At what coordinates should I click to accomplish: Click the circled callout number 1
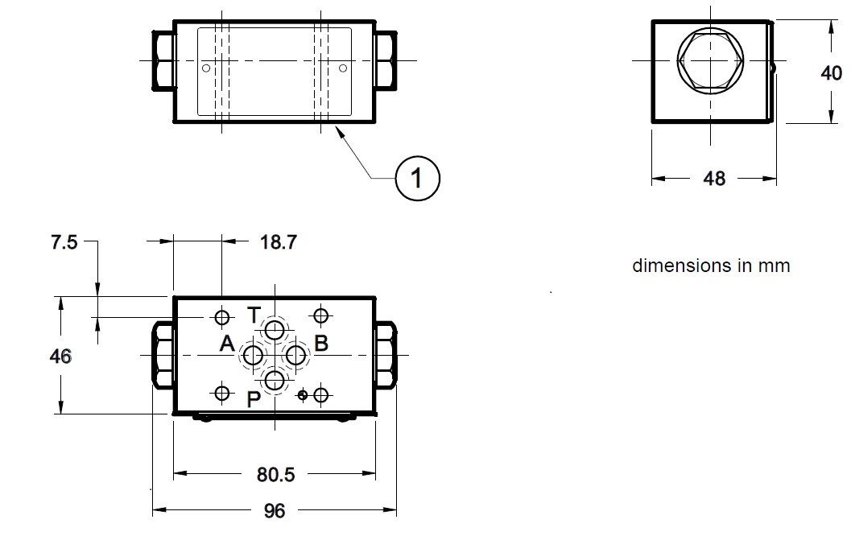pos(417,179)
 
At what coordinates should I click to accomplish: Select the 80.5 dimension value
pos(275,475)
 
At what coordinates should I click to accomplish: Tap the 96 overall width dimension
pos(274,511)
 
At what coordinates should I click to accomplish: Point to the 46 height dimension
pos(60,357)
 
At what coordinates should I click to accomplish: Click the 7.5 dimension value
pos(64,242)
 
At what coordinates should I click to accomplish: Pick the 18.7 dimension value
pos(279,242)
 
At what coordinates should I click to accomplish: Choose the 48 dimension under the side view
pos(714,179)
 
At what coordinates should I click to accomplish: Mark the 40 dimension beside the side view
pos(831,72)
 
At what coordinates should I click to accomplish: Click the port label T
pos(254,315)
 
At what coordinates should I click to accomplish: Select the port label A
pos(227,344)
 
